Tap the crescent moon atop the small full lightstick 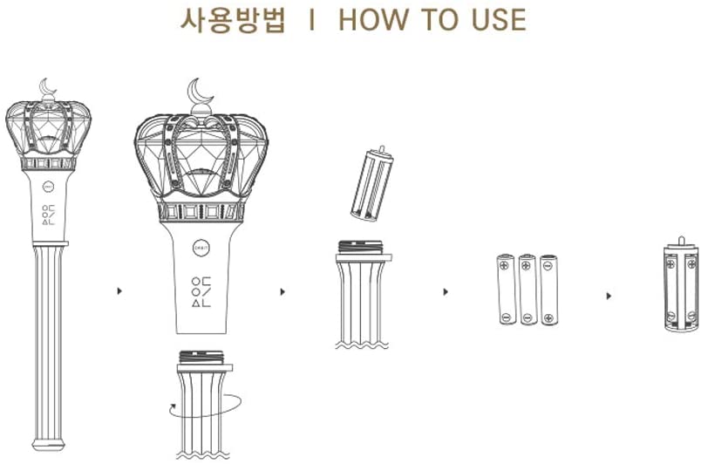(x=48, y=87)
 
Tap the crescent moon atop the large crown (x=202, y=91)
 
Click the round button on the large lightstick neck (x=201, y=246)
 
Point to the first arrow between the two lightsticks (x=119, y=291)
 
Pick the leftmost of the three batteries (x=507, y=290)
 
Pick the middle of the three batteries (x=527, y=290)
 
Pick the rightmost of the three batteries (x=548, y=290)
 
